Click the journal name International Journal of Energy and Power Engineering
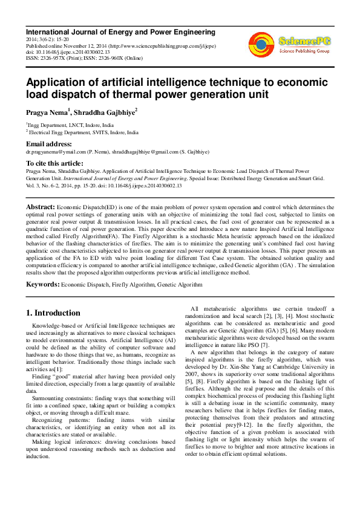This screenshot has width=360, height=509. [x=120, y=31]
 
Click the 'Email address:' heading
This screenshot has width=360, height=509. [x=48, y=144]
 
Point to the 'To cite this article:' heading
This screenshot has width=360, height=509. [x=54, y=163]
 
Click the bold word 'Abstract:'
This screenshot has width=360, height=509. [x=41, y=207]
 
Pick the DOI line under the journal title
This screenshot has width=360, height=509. [x=67, y=53]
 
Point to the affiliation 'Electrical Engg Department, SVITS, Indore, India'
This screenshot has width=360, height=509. [x=83, y=132]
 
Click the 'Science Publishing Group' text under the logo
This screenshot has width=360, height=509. [x=303, y=52]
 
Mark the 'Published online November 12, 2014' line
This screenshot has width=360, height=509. [x=67, y=46]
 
